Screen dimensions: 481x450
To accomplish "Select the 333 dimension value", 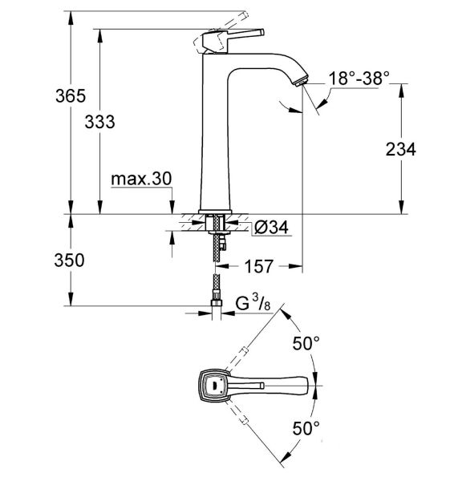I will (x=100, y=122).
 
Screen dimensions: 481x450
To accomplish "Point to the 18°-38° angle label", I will (x=359, y=78).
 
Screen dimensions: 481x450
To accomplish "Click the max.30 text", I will (x=142, y=180).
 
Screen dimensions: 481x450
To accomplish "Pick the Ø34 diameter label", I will (x=270, y=228).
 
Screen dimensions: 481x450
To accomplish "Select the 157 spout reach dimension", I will (x=257, y=265).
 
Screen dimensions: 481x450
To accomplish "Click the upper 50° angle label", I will (x=306, y=344).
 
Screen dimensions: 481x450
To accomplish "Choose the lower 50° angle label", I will (x=306, y=427).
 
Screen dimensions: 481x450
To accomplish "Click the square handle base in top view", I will (x=214, y=386).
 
